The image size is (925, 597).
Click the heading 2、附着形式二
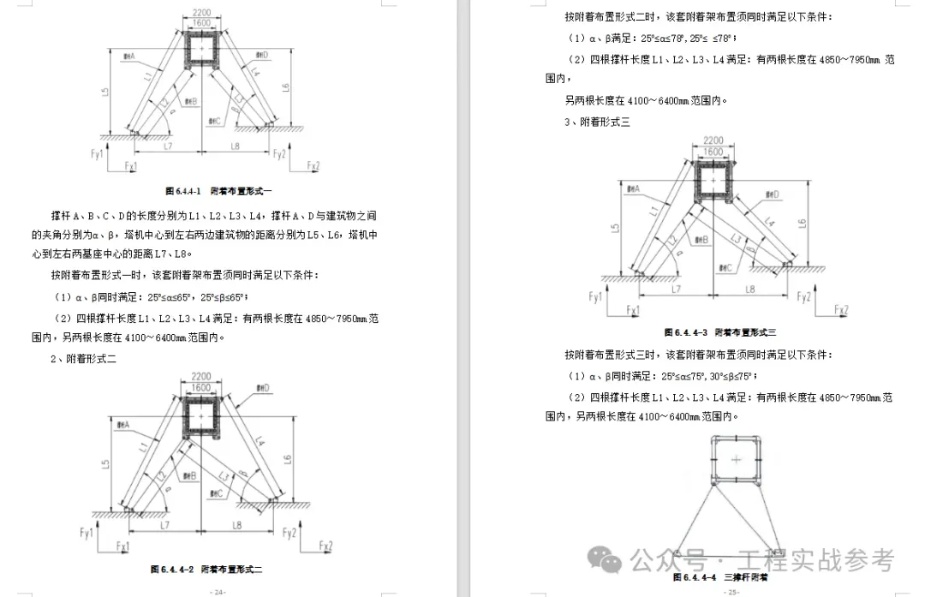coord(83,358)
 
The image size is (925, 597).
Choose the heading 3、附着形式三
coord(597,122)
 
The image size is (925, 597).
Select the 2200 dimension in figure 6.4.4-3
coord(713,140)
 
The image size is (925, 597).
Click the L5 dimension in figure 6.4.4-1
coord(104,91)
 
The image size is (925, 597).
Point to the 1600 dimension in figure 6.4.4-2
coord(200,388)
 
